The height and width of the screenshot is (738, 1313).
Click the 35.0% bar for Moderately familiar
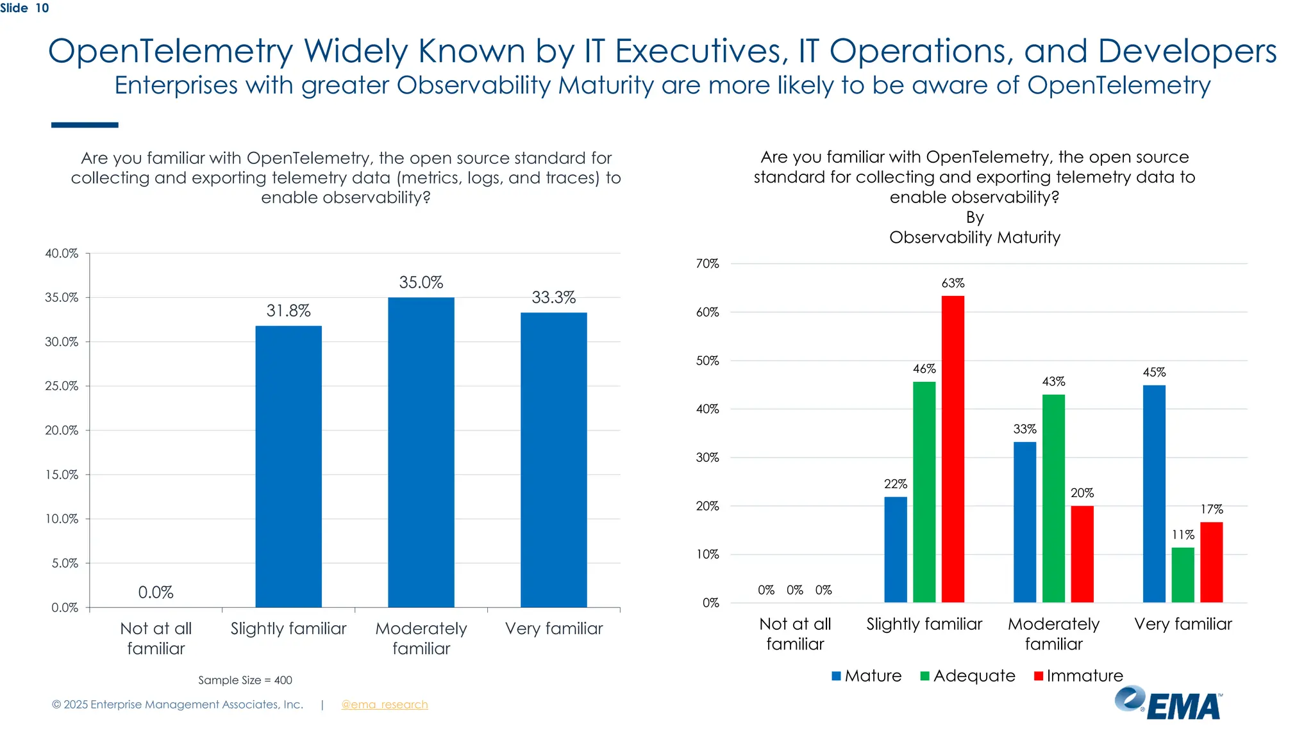tap(421, 452)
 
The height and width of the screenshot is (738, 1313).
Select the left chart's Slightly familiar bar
tap(289, 466)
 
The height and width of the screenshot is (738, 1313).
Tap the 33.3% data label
tap(553, 297)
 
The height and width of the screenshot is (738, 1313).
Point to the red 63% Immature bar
tap(953, 448)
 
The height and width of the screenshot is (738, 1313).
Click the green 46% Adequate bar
tap(924, 492)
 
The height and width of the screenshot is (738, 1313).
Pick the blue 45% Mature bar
tap(1154, 493)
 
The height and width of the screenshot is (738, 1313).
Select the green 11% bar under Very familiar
tap(1183, 575)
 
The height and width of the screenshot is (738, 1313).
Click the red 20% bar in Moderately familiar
tap(1082, 554)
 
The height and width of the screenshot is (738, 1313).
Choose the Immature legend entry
tap(1078, 676)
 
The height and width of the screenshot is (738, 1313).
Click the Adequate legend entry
tap(967, 676)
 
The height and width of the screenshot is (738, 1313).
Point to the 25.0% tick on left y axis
tap(62, 386)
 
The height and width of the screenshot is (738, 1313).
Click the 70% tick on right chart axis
tap(707, 263)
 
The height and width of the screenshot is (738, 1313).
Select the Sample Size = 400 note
tap(245, 680)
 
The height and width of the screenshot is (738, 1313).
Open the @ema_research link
tap(384, 704)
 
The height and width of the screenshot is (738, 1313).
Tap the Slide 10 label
tap(24, 8)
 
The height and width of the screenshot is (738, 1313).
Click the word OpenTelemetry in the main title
tap(170, 51)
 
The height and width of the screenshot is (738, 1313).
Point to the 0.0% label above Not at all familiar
tap(156, 592)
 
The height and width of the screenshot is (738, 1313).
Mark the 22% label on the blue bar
tap(895, 484)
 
